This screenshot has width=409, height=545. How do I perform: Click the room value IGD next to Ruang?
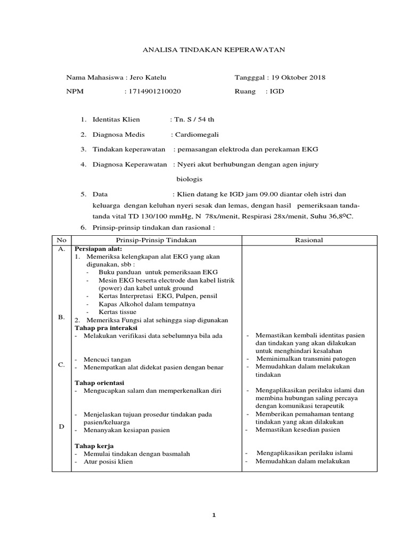tap(277, 92)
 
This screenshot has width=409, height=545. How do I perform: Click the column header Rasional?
tap(309, 241)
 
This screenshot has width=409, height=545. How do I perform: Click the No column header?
tap(61, 241)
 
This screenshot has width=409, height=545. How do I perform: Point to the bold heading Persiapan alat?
tap(99, 249)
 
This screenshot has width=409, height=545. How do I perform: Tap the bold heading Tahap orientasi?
tap(99, 383)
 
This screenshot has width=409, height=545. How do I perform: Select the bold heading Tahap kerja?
tap(94, 445)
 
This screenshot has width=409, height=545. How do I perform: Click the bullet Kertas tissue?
tap(117, 312)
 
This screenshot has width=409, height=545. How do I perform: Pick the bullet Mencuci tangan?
tap(107, 360)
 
